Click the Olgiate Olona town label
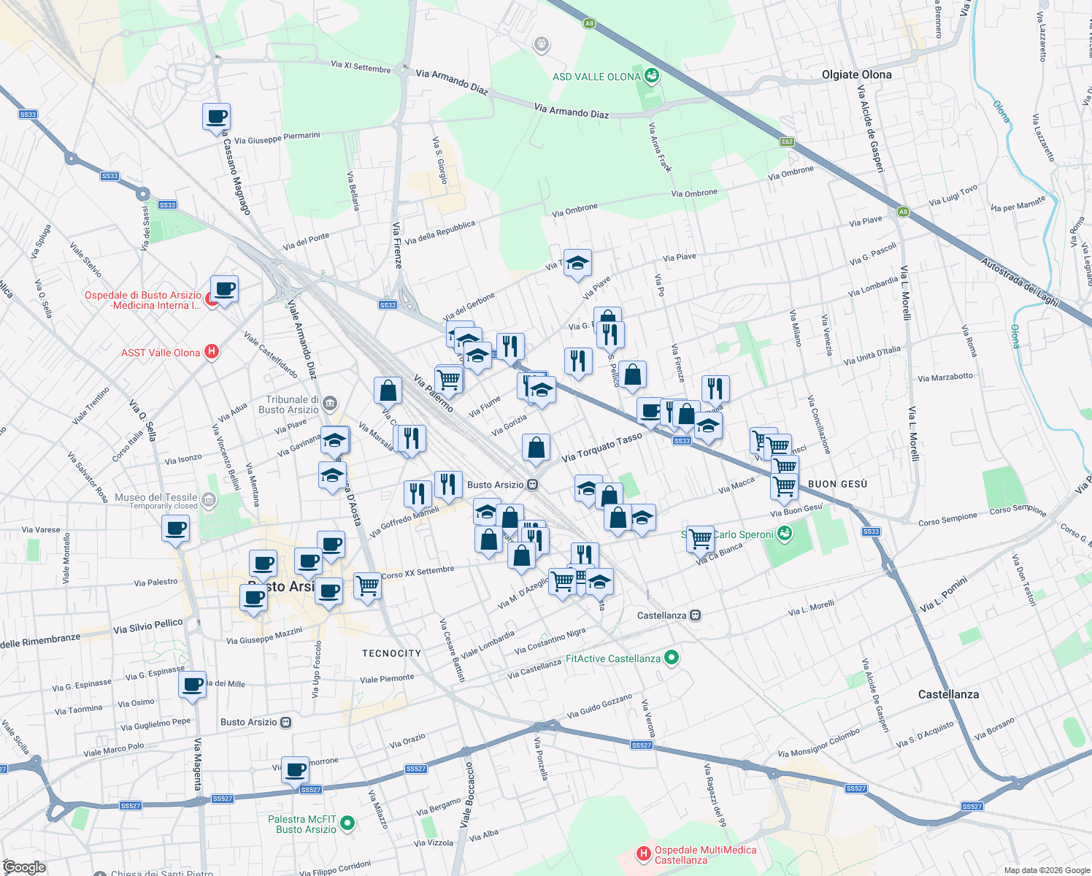(x=856, y=74)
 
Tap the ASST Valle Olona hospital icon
(x=212, y=352)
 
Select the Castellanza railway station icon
(x=695, y=615)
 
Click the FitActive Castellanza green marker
(x=672, y=658)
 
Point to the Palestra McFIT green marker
(x=347, y=823)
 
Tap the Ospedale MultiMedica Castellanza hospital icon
(x=643, y=853)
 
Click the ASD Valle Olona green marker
(x=652, y=76)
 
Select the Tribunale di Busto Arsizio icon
(x=330, y=403)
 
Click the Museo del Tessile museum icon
(x=209, y=500)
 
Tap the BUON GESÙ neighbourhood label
(x=837, y=484)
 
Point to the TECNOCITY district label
(x=391, y=653)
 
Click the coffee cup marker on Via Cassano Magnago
(x=216, y=117)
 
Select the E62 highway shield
(x=787, y=142)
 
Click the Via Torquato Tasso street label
(x=601, y=447)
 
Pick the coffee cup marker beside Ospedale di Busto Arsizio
(x=224, y=289)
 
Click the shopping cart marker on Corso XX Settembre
(x=367, y=585)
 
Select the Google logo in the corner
(x=24, y=867)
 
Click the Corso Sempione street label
(x=947, y=519)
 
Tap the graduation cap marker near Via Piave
(x=577, y=264)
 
